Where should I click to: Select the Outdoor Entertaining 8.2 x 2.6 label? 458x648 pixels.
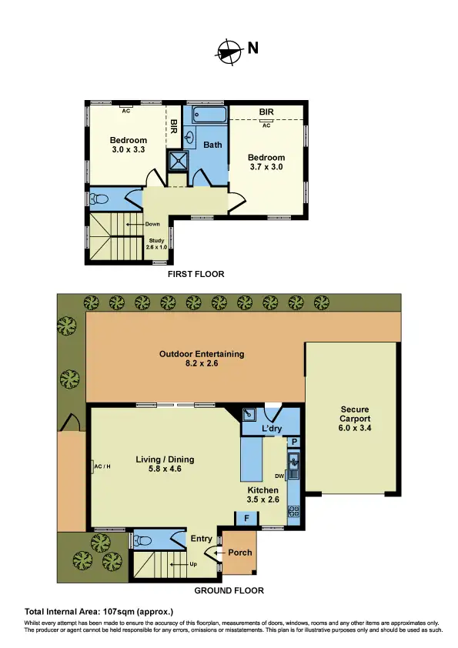point(201,359)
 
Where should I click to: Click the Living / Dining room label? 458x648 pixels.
point(165,465)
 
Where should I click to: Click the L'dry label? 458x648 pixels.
point(272,428)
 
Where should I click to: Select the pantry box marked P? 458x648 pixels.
point(294,442)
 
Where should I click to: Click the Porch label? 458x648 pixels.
point(239,553)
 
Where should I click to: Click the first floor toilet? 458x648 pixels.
point(99,199)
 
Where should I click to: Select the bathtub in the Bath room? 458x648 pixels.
point(209,115)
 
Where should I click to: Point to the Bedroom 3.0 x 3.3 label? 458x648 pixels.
point(128,145)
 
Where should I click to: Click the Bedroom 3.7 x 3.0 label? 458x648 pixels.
point(267,162)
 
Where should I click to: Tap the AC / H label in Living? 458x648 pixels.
point(102,466)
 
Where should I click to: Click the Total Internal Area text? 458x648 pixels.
point(99,611)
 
